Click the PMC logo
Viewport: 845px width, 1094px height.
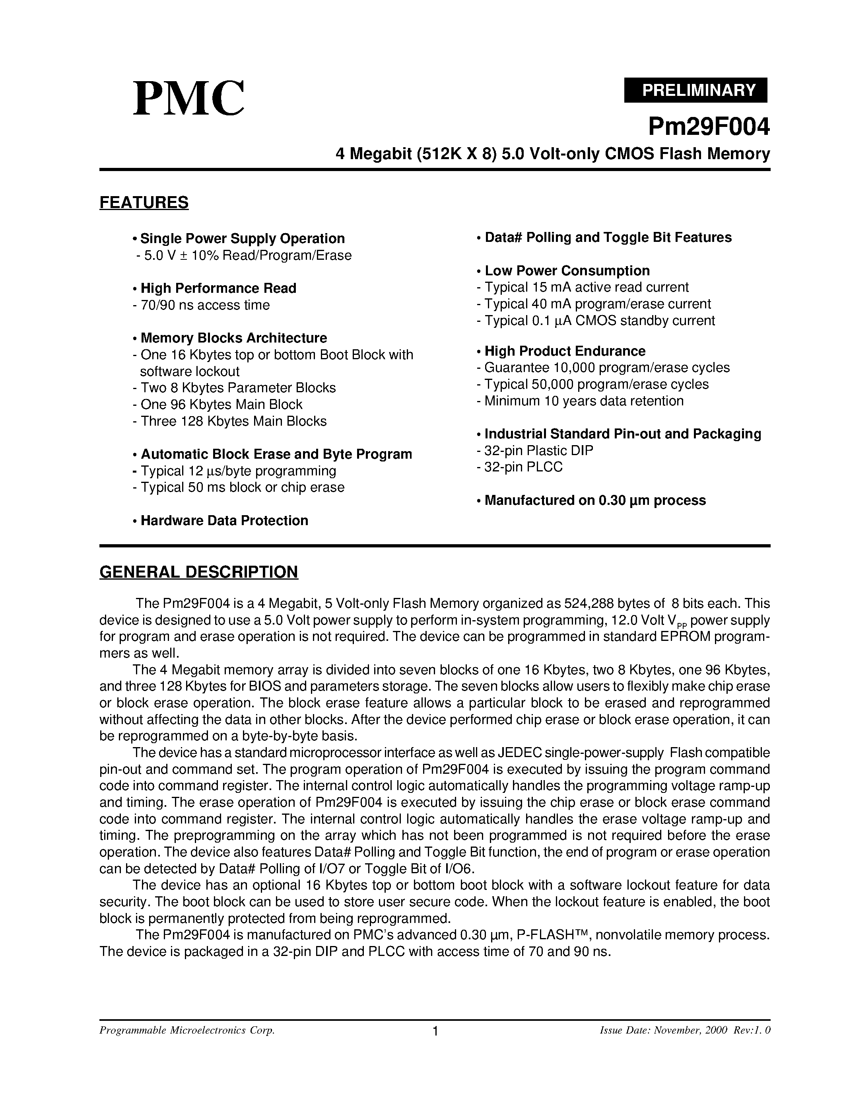coord(189,99)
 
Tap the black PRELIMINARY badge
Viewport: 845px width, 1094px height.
coord(695,90)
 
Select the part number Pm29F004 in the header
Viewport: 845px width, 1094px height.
coord(708,127)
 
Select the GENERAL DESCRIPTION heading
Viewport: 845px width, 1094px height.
coord(199,572)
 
